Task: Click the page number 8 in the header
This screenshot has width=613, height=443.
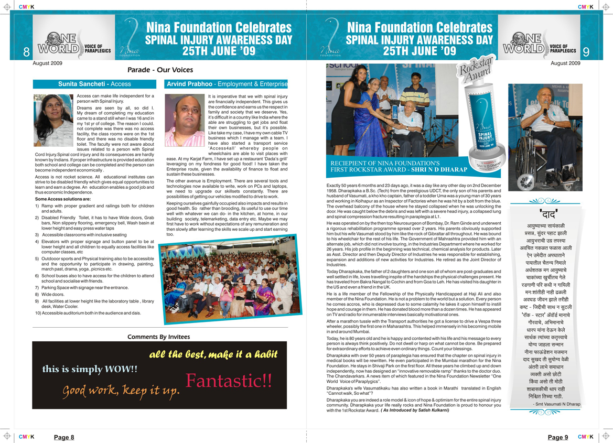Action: coord(26,52)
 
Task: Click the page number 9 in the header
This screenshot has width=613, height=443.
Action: coord(586,52)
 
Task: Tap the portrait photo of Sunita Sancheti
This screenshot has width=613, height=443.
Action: coord(53,120)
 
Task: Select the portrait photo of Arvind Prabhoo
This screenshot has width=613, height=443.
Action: coord(185,120)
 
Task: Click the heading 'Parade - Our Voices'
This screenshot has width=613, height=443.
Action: coord(160,70)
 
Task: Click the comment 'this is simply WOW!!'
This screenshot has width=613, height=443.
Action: coord(90,369)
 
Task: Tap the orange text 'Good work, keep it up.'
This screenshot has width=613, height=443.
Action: coord(121,391)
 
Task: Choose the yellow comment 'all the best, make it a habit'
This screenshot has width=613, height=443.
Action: coord(213,354)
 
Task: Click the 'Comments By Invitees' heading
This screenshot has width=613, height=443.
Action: coord(159,337)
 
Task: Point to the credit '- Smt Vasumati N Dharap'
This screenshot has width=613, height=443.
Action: coord(556,404)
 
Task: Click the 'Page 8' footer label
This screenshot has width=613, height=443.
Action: coord(64,437)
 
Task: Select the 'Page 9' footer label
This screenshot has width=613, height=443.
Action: coord(558,437)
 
